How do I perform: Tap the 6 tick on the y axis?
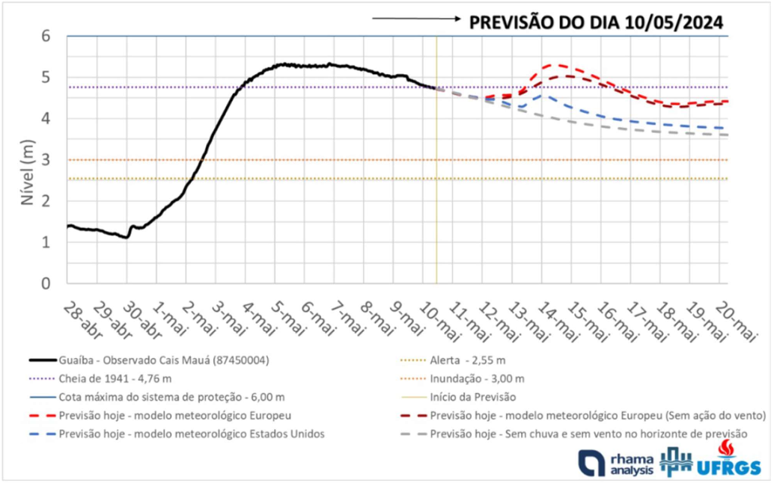(46, 36)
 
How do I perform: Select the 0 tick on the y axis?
(46, 283)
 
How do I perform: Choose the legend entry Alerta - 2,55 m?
(476, 361)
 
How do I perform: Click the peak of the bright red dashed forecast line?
(555, 65)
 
